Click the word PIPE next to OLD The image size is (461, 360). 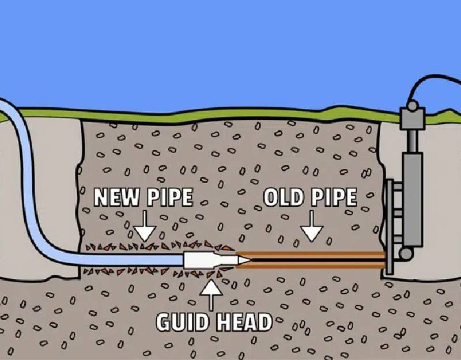pos(335,198)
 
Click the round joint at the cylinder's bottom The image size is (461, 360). pos(407,253)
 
